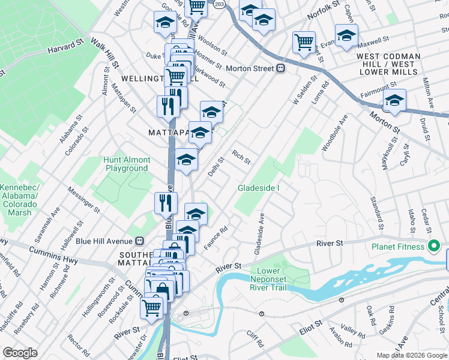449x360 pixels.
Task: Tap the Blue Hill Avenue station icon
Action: coord(140,241)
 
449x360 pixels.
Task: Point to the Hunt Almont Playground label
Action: coord(125,164)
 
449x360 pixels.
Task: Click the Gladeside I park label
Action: coord(259,188)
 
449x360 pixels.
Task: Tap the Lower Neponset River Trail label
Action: coord(272,279)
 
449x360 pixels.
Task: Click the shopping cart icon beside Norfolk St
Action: coord(304,41)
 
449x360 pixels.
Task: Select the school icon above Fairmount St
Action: coord(394,100)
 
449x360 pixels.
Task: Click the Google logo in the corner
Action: coord(20,353)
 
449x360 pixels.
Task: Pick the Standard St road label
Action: coord(376,212)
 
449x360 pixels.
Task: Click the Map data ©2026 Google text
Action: coord(411,355)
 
